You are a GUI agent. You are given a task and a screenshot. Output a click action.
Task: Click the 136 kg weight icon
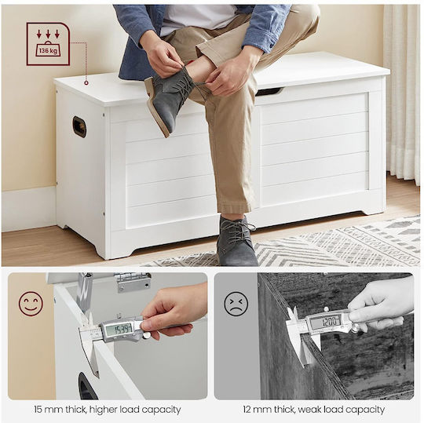coord(48,44)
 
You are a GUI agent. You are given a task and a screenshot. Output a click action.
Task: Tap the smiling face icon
coord(31,304)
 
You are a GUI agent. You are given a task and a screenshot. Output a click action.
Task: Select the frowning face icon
coord(236,303)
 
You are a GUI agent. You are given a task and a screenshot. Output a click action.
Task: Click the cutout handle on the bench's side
coord(79,126)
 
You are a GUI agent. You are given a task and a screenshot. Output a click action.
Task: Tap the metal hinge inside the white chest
coord(133,283)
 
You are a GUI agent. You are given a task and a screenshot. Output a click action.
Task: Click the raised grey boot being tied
coord(169,100)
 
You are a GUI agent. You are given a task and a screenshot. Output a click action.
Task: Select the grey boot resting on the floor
coord(236,240)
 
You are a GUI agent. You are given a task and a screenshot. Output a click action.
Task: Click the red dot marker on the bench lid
coord(86,82)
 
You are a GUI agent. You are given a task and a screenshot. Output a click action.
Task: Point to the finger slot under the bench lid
coord(269,91)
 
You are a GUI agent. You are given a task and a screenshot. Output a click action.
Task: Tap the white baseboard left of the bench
coord(29,209)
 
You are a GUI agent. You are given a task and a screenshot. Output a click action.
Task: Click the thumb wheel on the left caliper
coord(147,336)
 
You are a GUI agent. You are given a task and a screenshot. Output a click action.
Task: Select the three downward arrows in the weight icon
coord(48,34)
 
